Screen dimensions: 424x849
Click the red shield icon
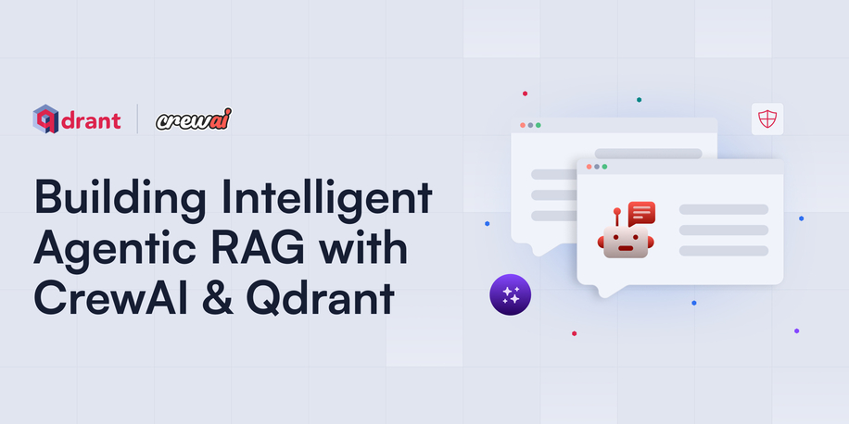[x=767, y=119]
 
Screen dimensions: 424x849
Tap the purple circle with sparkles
[x=510, y=295]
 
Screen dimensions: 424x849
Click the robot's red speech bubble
[x=641, y=213]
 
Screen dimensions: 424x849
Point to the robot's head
[x=626, y=243]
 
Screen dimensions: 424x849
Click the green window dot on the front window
[x=604, y=167]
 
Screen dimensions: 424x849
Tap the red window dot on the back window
[x=523, y=125]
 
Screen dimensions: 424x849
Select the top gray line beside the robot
[x=723, y=209]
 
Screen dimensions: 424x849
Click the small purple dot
[x=796, y=330]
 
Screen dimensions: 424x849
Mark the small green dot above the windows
[x=639, y=99]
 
